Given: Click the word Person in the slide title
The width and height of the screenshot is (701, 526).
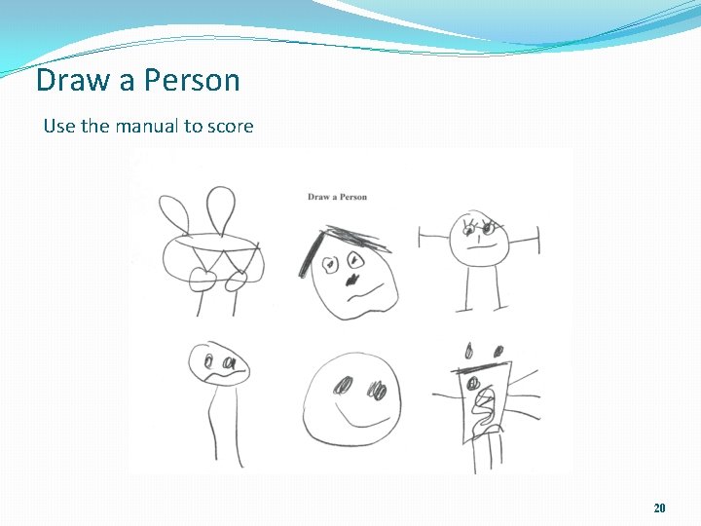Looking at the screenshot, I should [192, 80].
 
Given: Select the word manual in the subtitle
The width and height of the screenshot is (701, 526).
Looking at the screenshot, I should [147, 126].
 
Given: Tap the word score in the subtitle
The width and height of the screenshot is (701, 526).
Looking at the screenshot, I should [230, 126].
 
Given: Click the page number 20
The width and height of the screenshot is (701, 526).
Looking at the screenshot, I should [659, 507].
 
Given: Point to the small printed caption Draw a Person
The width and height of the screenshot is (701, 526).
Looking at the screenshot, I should [337, 197].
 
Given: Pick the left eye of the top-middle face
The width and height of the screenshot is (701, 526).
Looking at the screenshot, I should [330, 263].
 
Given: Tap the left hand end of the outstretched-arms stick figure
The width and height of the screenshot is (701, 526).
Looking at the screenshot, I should [421, 237].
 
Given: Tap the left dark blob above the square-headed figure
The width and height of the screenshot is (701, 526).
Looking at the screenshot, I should [469, 350].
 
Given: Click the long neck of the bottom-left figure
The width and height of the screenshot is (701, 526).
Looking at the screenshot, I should [212, 419].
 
